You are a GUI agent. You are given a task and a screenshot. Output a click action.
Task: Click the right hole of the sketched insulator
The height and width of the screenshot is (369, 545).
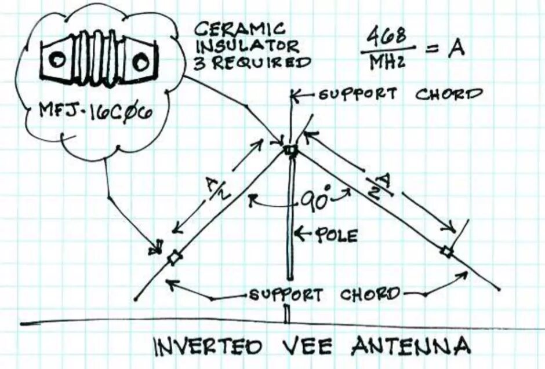pyautogui.click(x=142, y=59)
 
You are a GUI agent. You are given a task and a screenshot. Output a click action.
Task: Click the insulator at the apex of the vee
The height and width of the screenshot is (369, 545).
pyautogui.click(x=289, y=150)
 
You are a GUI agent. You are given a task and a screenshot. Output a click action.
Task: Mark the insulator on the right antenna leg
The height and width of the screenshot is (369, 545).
pyautogui.click(x=446, y=252)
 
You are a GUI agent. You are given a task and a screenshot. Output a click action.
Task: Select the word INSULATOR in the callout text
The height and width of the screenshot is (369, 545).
pyautogui.click(x=248, y=45)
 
